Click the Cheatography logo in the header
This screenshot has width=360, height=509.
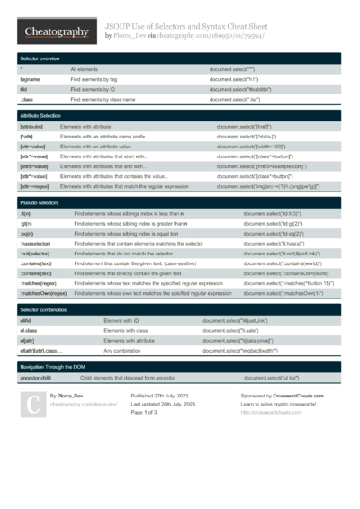coord(56,32)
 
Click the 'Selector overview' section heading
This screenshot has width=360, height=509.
coord(40,58)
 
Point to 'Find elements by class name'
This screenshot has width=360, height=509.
coord(103,100)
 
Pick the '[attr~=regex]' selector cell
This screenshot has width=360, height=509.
coord(35,187)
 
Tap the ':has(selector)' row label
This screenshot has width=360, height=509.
coord(38,244)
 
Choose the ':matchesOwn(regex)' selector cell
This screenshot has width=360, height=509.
coord(43,293)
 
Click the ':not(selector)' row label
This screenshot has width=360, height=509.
coord(37,254)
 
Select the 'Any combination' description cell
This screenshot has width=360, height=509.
coord(127,351)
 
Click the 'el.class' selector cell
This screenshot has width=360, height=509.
coord(29,331)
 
